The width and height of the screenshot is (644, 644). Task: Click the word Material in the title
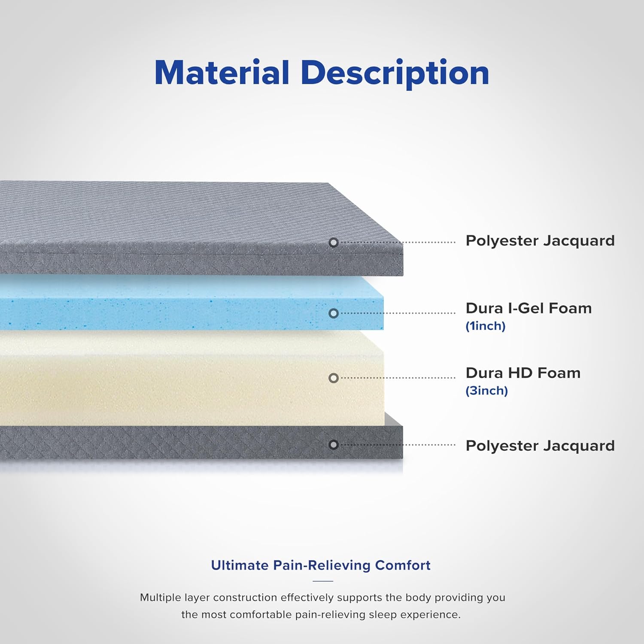click(222, 72)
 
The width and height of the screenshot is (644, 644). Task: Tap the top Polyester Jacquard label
click(540, 241)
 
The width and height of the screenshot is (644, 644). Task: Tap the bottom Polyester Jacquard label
click(540, 446)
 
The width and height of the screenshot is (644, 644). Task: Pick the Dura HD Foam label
click(523, 373)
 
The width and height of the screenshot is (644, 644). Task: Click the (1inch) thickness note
click(486, 326)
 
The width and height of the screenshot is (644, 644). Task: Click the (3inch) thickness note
click(487, 391)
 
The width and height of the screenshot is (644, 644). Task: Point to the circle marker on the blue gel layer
click(334, 313)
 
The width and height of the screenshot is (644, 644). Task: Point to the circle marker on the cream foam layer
click(334, 378)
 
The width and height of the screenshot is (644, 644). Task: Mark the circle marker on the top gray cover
click(334, 243)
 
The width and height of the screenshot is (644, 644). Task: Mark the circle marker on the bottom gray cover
click(334, 445)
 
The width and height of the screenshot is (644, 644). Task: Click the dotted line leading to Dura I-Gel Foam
click(398, 313)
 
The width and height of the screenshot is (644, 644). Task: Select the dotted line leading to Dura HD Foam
click(398, 378)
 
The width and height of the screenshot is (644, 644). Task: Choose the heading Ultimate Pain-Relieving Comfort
click(321, 565)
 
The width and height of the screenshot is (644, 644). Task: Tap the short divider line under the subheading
click(323, 581)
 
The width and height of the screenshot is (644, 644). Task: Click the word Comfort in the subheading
click(403, 565)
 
